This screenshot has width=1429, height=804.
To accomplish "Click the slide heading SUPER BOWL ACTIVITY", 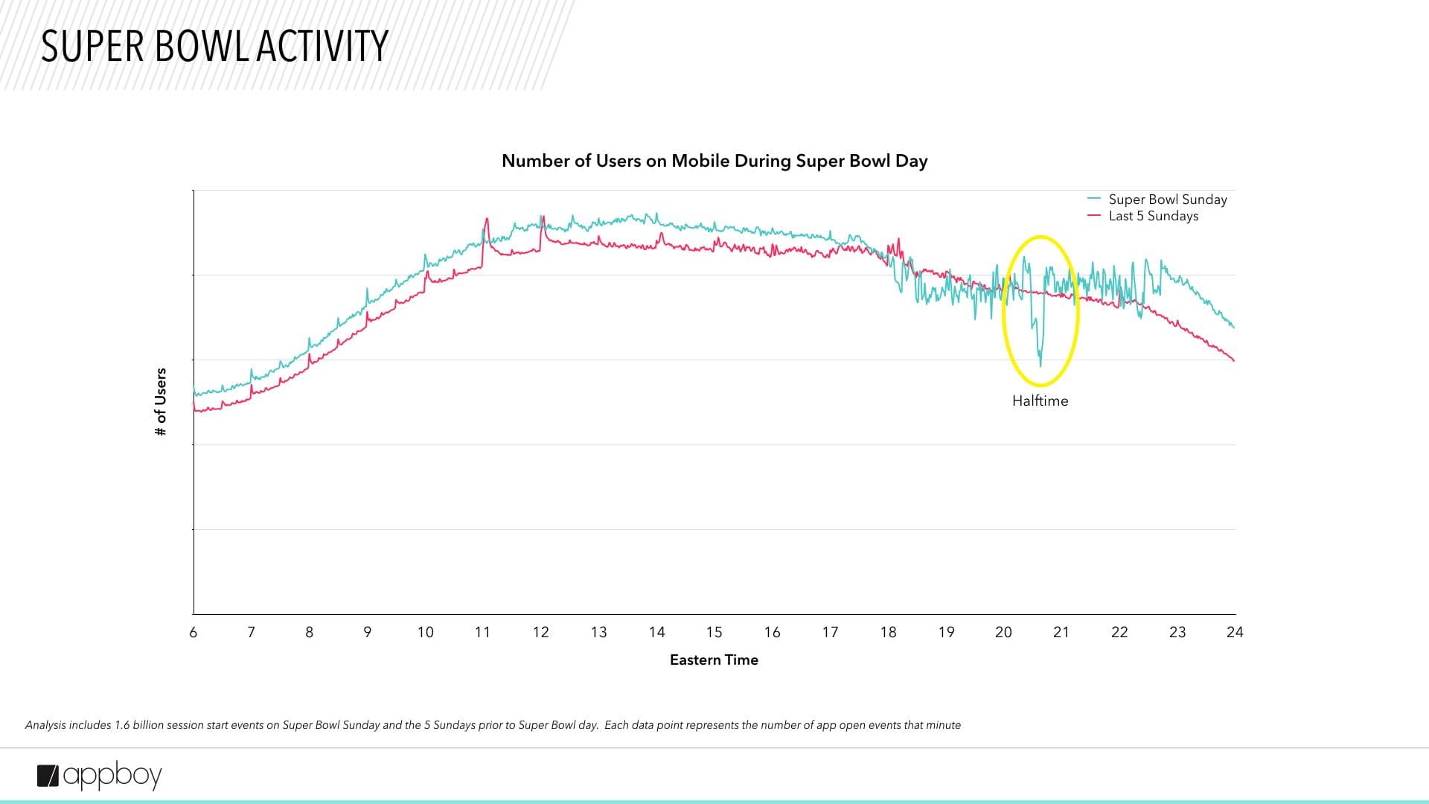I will pyautogui.click(x=214, y=46).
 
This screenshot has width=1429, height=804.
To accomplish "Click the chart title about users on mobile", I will pyautogui.click(x=714, y=161).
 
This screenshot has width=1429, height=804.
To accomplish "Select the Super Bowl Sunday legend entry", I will pyautogui.click(x=1167, y=200).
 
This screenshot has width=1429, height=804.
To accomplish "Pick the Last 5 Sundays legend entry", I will pyautogui.click(x=1153, y=216).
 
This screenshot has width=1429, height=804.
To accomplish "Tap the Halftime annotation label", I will pyautogui.click(x=1040, y=401).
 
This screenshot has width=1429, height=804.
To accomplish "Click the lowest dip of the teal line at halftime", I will pyautogui.click(x=1040, y=365).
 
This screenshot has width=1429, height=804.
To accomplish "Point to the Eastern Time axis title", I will pyautogui.click(x=714, y=660).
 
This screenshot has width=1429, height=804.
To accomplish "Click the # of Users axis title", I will pyautogui.click(x=161, y=402).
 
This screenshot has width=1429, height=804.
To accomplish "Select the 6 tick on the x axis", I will pyautogui.click(x=194, y=632).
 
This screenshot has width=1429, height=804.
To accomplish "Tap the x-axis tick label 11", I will pyautogui.click(x=482, y=632).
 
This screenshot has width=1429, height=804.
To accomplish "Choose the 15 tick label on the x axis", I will pyautogui.click(x=714, y=632).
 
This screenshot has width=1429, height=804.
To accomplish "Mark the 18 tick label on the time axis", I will pyautogui.click(x=888, y=632).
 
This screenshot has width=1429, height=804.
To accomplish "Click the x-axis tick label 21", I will pyautogui.click(x=1061, y=632).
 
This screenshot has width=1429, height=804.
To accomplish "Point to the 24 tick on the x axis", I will pyautogui.click(x=1235, y=632).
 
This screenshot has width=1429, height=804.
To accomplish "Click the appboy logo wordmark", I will pyautogui.click(x=112, y=776).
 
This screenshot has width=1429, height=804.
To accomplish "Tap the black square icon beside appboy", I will pyautogui.click(x=48, y=776).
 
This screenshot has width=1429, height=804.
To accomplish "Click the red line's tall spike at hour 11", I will pyautogui.click(x=487, y=219).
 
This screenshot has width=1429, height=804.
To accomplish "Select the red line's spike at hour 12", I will pyautogui.click(x=543, y=218).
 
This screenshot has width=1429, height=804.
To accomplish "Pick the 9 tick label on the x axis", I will pyautogui.click(x=367, y=632).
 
